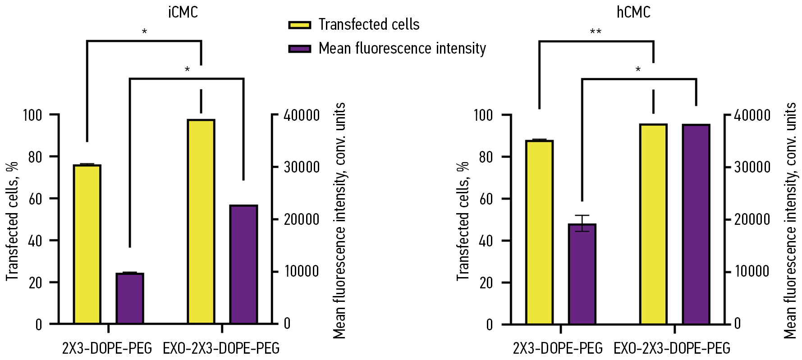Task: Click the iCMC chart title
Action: (x=183, y=12)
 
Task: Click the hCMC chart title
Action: (x=633, y=12)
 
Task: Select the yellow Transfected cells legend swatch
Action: (x=299, y=25)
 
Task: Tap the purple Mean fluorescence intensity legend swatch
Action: (x=299, y=49)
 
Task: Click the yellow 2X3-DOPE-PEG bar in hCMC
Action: (x=539, y=232)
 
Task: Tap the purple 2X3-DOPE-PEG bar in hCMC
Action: (x=582, y=274)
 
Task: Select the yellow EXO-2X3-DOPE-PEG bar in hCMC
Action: (x=653, y=224)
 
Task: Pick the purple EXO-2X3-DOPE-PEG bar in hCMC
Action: (x=696, y=224)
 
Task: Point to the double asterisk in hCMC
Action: (x=596, y=32)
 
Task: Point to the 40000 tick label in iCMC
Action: (x=301, y=115)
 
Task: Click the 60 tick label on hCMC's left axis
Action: (x=486, y=199)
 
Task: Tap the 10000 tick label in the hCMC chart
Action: (x=752, y=271)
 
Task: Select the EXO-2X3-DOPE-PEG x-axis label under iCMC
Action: (x=221, y=348)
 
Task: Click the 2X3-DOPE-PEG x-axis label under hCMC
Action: (x=558, y=348)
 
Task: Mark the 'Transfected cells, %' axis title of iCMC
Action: (x=12, y=221)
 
